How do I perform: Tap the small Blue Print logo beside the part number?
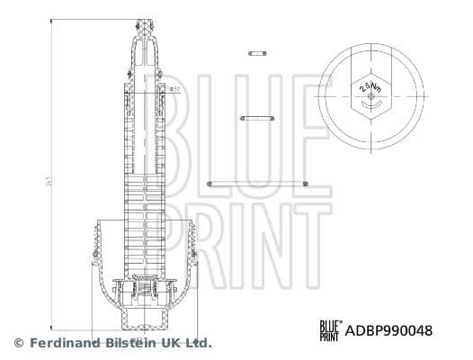(x=329, y=330)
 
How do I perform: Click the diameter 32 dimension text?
(x=175, y=88)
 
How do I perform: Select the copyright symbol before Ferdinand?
(x=18, y=343)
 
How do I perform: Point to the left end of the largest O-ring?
(x=210, y=184)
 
